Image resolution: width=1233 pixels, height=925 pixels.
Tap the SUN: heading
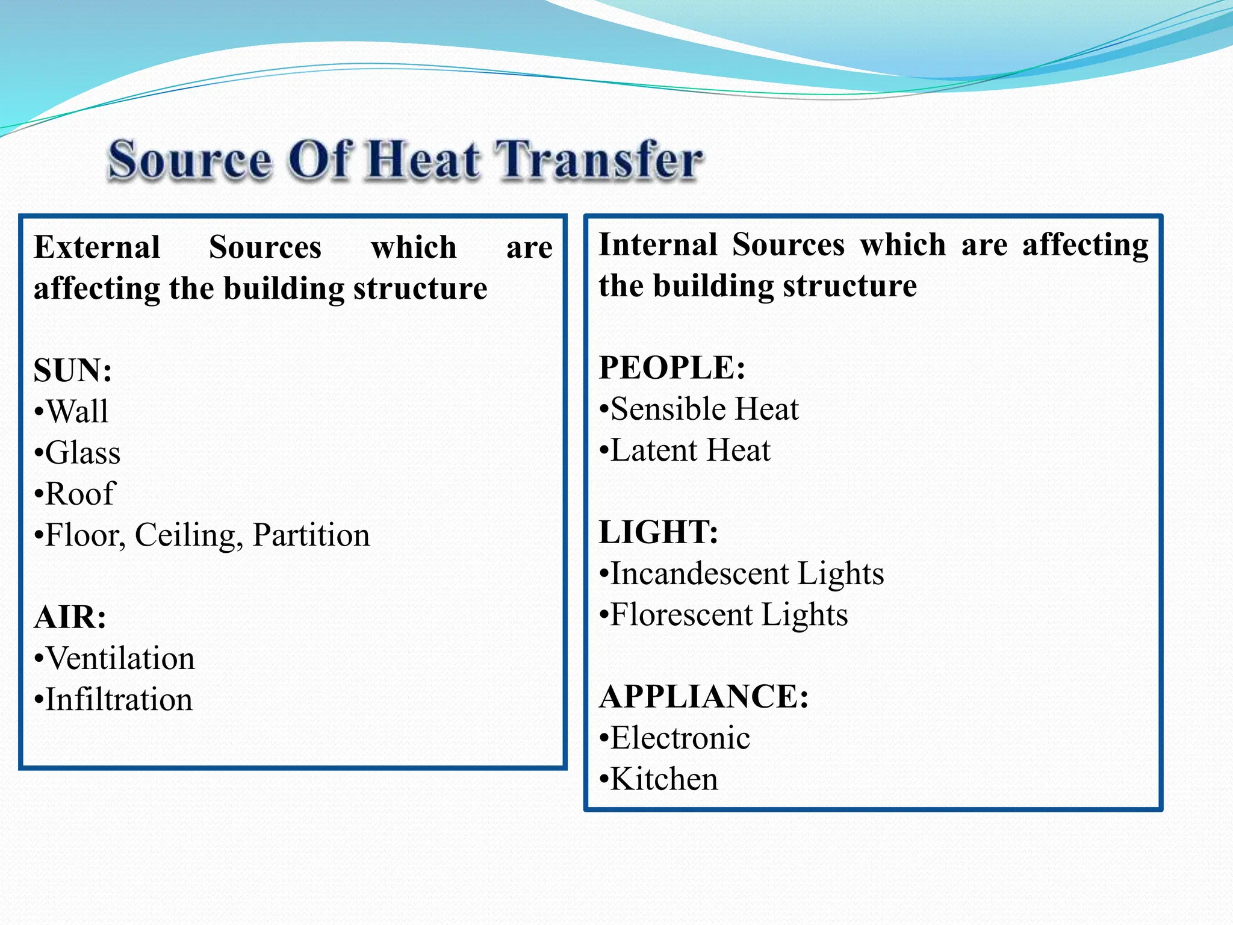tap(73, 370)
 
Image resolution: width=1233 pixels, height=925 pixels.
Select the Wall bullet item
tap(77, 412)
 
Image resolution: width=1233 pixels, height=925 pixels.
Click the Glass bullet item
tap(82, 453)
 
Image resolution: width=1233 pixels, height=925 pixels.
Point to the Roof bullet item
tap(79, 494)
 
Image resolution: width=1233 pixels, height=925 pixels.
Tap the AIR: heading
tap(70, 617)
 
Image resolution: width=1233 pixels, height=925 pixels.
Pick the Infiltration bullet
tap(119, 700)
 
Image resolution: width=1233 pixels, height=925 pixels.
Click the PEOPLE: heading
tap(672, 368)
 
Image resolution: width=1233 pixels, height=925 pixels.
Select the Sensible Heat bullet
tap(704, 410)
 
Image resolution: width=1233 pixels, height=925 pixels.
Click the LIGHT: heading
tap(659, 532)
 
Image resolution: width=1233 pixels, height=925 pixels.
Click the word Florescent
tap(681, 615)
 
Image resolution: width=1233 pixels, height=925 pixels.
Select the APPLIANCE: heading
tap(704, 697)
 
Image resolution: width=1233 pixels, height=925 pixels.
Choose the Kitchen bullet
tap(664, 779)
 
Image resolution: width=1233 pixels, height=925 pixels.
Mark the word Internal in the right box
tap(658, 245)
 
